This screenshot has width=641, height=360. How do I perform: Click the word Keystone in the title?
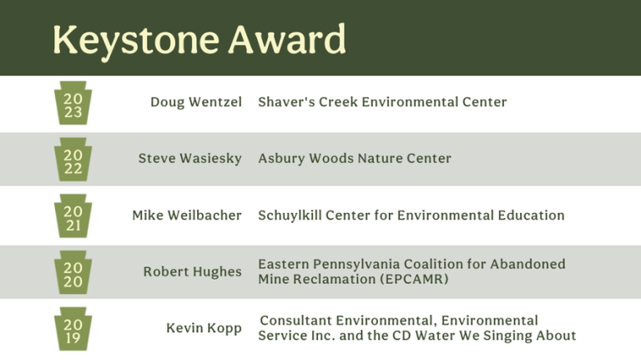[136, 41]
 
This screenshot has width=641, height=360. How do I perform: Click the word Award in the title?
[287, 39]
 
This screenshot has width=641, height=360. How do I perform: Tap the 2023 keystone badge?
[73, 103]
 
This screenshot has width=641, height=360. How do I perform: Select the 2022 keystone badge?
[73, 160]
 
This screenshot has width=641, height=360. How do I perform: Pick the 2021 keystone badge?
[73, 216]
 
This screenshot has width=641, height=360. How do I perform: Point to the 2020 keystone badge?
[73, 272]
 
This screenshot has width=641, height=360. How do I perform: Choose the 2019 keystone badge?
[73, 329]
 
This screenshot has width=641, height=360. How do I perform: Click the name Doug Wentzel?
[196, 102]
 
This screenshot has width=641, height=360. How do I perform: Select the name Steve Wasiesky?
[189, 159]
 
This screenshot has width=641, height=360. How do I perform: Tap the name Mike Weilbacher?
[187, 215]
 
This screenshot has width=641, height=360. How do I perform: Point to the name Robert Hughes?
[193, 272]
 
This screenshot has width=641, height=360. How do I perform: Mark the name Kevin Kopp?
[204, 328]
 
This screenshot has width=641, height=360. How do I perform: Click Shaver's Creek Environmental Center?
[382, 102]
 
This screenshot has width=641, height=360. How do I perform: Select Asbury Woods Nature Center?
[355, 159]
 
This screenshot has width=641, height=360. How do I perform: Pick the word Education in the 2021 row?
[531, 215]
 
